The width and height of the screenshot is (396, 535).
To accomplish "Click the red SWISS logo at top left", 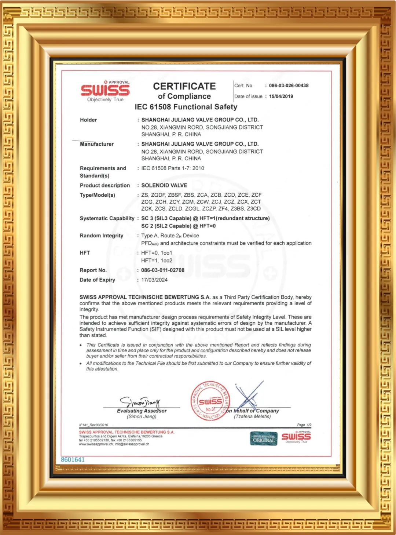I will point(105,90).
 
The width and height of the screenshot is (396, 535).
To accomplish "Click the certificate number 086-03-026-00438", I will point(289,85).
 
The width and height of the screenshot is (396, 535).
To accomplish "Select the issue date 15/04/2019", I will point(281,97).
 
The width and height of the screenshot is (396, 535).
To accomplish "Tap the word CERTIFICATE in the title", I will point(184,86).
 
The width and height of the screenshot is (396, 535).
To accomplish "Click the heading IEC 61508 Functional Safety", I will point(186,107).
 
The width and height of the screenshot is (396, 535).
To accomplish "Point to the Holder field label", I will point(88,120).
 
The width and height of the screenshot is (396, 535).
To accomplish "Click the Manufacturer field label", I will point(97,144).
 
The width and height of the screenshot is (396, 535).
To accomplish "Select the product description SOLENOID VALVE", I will point(164,185).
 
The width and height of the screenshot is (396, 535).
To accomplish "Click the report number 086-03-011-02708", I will point(163,270).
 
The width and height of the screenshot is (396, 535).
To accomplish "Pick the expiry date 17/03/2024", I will point(154,280).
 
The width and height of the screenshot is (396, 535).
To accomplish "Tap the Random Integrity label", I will point(102,236).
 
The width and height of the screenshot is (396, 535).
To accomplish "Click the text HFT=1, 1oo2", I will point(157,261).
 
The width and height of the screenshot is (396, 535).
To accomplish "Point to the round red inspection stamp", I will point(210,400).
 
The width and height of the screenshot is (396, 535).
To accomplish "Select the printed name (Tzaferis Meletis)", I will point(252,416).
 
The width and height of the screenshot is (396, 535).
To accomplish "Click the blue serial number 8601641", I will point(73,459).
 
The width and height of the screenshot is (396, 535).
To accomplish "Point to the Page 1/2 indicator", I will point(304,425).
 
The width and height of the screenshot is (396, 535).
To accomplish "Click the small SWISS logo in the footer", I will point(296,437).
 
